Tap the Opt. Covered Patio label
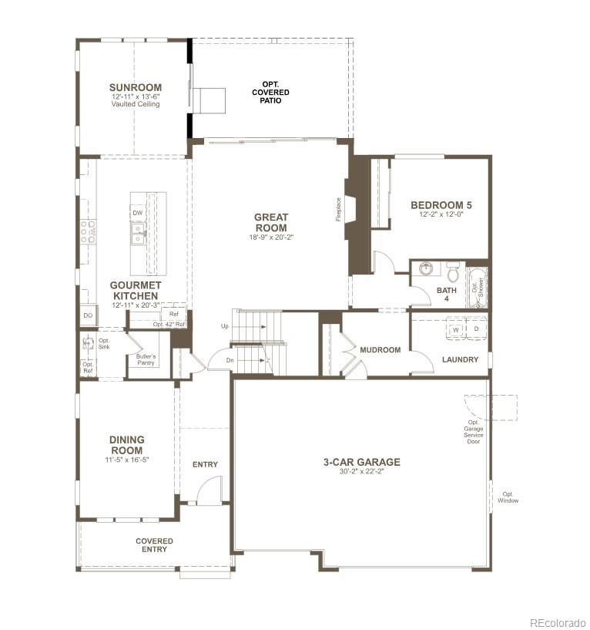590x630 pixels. pyautogui.click(x=270, y=92)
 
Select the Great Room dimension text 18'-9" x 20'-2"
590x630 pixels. pyautogui.click(x=270, y=238)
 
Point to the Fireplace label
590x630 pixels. pyautogui.click(x=338, y=209)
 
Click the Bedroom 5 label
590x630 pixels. pyautogui.click(x=441, y=205)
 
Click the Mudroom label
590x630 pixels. pyautogui.click(x=380, y=350)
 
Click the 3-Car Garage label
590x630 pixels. pyautogui.click(x=361, y=463)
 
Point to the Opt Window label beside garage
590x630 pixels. pyautogui.click(x=508, y=497)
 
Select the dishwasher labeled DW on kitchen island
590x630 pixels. pyautogui.click(x=137, y=213)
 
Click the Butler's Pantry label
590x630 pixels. pyautogui.click(x=146, y=359)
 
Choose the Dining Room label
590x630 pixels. pyautogui.click(x=127, y=445)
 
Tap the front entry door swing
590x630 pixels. pyautogui.click(x=209, y=490)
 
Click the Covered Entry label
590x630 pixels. pyautogui.click(x=155, y=545)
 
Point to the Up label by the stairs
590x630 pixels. pyautogui.click(x=225, y=326)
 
